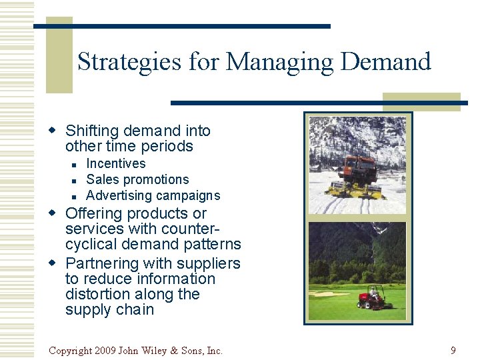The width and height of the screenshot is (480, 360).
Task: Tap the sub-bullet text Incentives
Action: (116, 163)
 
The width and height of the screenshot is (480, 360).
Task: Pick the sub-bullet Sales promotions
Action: (137, 179)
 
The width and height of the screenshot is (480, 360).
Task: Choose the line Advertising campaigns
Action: (153, 195)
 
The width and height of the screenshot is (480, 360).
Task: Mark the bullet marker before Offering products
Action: (56, 214)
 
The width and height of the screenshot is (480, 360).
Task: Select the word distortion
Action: (98, 294)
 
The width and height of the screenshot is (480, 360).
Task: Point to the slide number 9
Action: (453, 350)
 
